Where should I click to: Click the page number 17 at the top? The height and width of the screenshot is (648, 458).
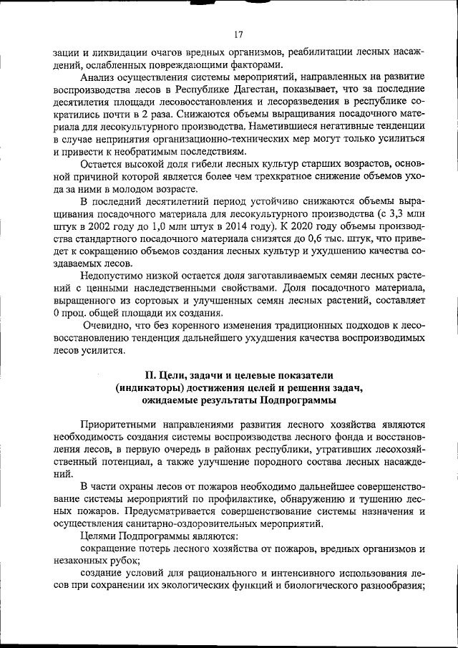click(238, 32)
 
